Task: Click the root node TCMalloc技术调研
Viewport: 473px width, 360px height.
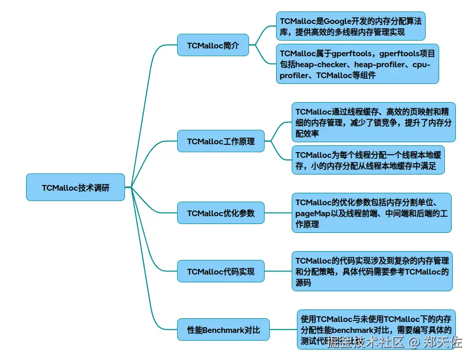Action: [76, 188]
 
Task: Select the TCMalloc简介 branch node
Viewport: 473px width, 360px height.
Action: [213, 45]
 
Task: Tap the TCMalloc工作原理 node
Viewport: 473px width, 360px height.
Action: [221, 141]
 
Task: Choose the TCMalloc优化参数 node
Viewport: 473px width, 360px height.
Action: [221, 213]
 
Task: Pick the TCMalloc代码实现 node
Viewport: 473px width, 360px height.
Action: [221, 271]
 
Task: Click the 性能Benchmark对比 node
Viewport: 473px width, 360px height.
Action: [223, 330]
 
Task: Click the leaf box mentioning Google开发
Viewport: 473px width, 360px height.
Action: [350, 26]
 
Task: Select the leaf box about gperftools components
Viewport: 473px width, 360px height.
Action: [357, 64]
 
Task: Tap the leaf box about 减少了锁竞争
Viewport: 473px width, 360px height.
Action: [373, 122]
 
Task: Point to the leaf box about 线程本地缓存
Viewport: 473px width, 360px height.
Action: [368, 160]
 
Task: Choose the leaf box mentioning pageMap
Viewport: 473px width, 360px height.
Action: [371, 213]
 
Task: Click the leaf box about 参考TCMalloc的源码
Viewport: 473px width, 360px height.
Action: [371, 271]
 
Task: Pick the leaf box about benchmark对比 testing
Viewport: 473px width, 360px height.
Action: [376, 330]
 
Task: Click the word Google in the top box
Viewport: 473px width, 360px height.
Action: [339, 21]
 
